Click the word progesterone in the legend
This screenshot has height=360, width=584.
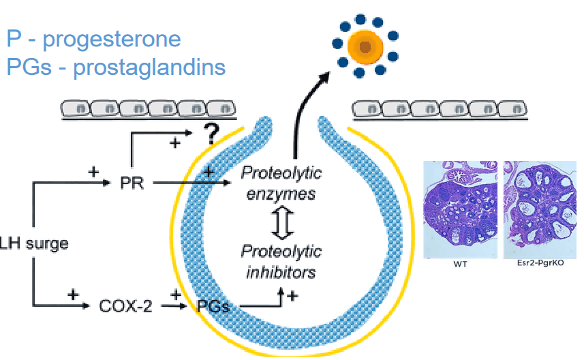[112, 39]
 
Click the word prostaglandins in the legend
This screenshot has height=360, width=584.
[150, 67]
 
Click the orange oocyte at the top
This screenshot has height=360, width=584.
[365, 46]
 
